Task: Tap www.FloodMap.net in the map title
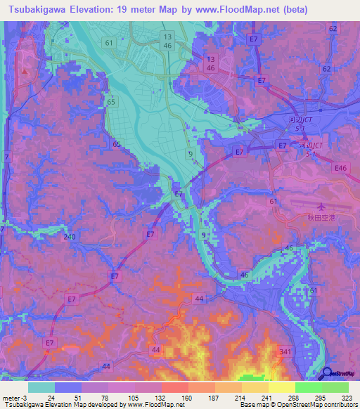tap(267, 10)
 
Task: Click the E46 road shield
tap(341, 169)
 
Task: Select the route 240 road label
tap(69, 238)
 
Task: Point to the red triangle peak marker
tap(25, 70)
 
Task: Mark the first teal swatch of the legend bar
tap(41, 387)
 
